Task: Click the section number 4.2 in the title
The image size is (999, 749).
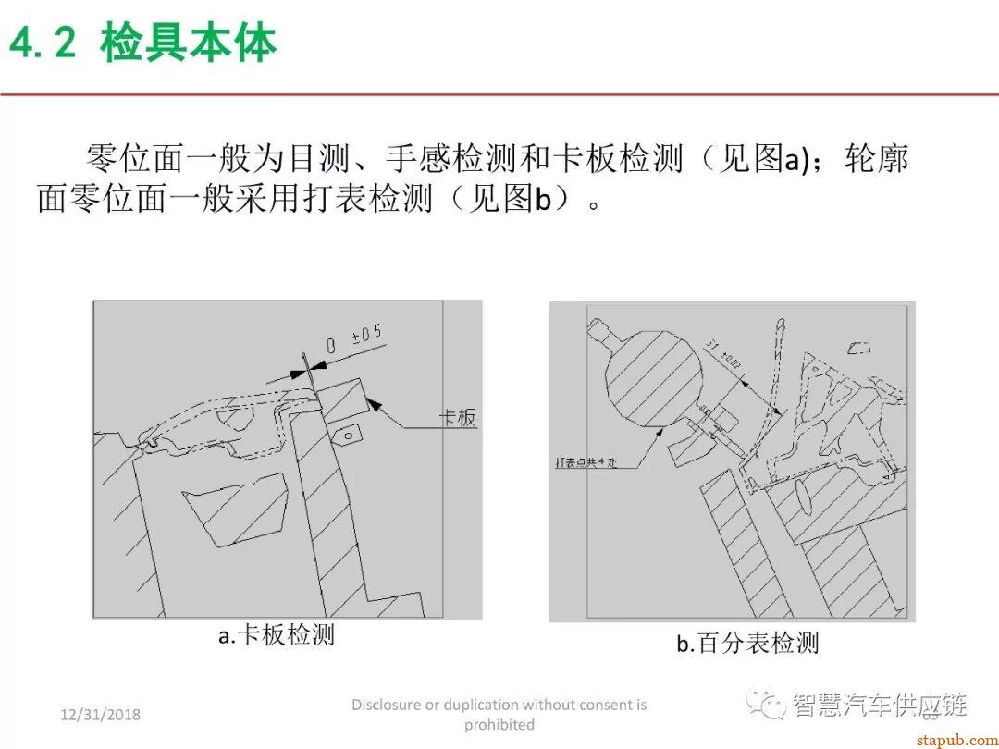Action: pos(43,43)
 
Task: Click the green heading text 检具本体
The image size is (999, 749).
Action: pos(189,43)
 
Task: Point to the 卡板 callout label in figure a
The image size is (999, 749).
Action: pos(457,418)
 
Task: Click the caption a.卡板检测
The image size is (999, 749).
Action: pos(277,635)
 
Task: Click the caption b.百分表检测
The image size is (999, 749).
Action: pos(747,644)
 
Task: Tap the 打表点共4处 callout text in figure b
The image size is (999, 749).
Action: pos(589,461)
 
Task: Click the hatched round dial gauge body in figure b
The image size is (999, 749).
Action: pos(651,374)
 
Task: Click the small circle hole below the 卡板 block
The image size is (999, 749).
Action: pos(348,433)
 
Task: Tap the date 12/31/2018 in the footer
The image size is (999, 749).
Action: pos(100,715)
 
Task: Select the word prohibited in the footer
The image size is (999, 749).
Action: pos(499,724)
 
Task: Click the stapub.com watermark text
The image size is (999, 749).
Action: pos(952,739)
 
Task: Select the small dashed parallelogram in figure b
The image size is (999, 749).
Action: pos(859,349)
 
